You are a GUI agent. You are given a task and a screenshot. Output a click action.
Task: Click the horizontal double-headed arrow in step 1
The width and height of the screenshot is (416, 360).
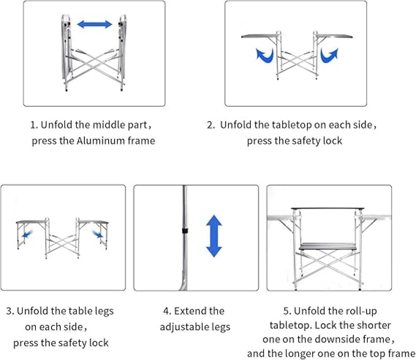[95, 24]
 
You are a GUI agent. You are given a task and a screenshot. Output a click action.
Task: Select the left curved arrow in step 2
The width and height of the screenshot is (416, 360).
[265, 55]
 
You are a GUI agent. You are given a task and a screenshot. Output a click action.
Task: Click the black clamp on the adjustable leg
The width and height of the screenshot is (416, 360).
[183, 229]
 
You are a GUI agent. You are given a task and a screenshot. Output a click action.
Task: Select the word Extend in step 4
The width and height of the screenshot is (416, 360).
[193, 311]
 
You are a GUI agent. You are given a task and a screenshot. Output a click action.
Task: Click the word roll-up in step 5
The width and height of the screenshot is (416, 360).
[362, 311]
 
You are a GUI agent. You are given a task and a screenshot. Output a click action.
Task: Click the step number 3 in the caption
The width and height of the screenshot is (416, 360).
[9, 311]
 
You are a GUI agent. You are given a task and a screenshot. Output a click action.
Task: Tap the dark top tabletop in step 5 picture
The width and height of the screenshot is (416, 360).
[328, 207]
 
